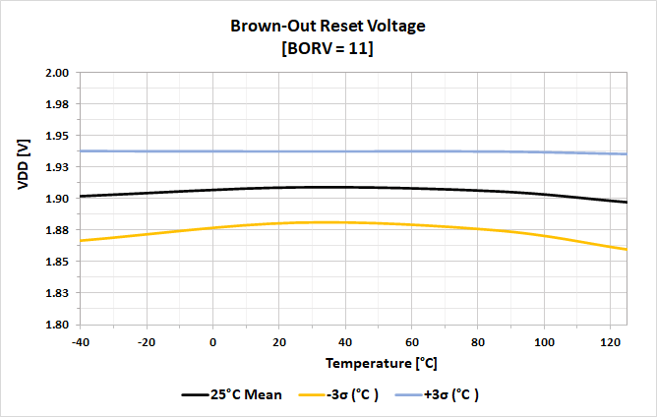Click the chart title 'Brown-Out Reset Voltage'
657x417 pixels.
328,27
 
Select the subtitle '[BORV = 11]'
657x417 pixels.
328,48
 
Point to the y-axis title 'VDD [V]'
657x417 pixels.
23,165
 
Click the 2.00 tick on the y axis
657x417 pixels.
56,73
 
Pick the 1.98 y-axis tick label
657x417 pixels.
56,104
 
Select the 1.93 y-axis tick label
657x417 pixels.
56,167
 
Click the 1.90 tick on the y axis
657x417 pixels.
56,199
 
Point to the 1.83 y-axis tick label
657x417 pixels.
56,293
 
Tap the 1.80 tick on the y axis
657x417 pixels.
56,325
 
